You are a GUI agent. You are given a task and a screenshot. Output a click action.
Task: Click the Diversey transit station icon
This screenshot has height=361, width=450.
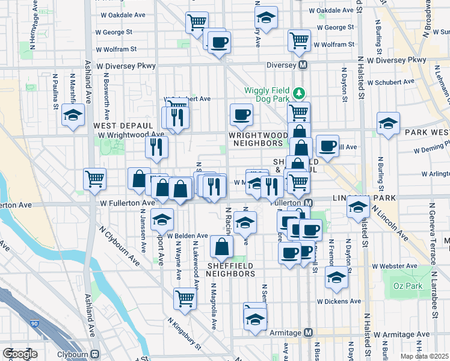303,64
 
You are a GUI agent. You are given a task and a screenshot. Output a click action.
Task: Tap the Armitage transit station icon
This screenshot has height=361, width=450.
309,332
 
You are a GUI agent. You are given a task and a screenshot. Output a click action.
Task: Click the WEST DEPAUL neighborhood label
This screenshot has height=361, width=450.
118,125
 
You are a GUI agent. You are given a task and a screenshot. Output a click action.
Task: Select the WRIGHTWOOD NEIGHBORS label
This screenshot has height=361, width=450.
256,140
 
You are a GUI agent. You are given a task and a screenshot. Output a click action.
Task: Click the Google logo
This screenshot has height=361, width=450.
20,354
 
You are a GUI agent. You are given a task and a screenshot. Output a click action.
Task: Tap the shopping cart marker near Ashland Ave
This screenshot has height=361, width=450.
94,178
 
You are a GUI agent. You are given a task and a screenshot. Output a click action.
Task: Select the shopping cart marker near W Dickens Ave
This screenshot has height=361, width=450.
185,298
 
